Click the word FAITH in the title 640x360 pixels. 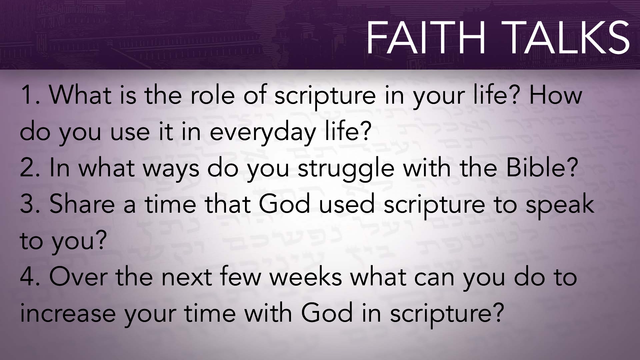pos(426,37)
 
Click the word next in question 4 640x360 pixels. pos(187,278)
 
